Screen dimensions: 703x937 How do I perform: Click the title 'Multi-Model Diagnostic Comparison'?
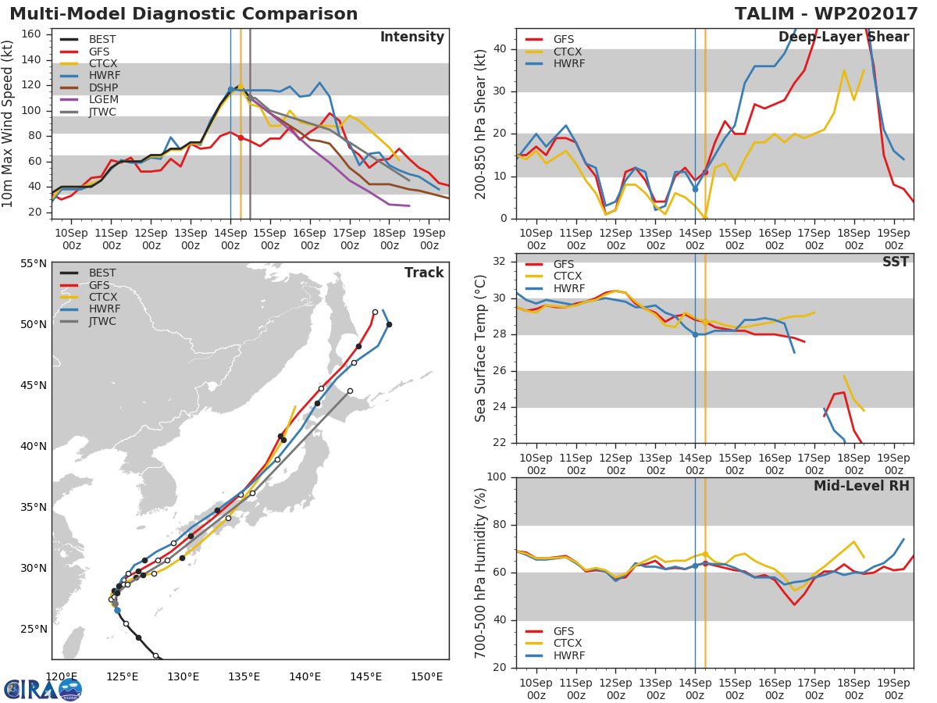pos(183,14)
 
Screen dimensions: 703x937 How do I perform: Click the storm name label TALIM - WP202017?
pos(825,14)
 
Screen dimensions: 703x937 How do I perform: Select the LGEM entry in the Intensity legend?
pos(102,100)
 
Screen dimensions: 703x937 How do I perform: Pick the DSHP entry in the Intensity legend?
pos(102,87)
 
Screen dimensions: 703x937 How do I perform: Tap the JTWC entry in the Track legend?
pos(102,321)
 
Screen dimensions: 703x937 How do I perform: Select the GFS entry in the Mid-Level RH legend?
pos(568,631)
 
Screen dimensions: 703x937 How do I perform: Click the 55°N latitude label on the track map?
pos(33,263)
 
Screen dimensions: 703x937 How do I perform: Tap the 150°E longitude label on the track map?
pos(426,676)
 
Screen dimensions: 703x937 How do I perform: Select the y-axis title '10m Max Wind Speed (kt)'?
pos(9,123)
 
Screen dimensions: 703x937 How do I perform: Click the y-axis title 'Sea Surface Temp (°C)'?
pos(481,348)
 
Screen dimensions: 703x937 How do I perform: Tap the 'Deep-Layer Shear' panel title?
pos(843,37)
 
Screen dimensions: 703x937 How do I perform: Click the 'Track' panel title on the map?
pos(423,273)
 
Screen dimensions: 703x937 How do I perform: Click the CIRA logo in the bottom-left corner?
pos(43,689)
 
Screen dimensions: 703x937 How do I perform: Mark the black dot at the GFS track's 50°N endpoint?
pos(389,324)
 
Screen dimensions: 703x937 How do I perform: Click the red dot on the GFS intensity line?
pos(240,137)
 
